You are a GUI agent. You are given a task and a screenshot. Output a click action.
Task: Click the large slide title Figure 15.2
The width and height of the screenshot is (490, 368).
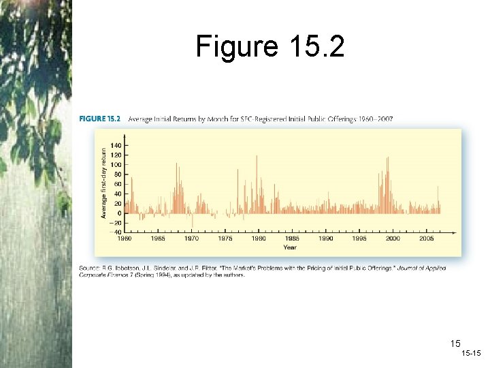click(270, 46)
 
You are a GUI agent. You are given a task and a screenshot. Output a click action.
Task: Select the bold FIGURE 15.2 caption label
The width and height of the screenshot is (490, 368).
click(99, 119)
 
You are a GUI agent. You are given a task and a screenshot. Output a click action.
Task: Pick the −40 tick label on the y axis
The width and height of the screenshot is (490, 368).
click(117, 232)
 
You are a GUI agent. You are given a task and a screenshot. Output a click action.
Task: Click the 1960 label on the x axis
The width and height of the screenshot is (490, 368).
click(125, 239)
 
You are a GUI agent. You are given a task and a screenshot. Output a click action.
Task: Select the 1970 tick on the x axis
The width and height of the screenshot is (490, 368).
click(192, 239)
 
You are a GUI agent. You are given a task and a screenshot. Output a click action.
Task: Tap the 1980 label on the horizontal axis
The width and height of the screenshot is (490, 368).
click(259, 239)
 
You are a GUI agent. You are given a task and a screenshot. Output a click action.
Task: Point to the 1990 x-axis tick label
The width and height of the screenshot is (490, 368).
click(326, 239)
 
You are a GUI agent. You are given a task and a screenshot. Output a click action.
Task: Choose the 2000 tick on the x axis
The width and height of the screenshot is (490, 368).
click(393, 239)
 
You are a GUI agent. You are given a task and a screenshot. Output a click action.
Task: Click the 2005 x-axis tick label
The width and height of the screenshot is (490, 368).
click(426, 239)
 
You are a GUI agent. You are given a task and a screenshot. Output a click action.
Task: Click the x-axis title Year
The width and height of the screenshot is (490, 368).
click(290, 247)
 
